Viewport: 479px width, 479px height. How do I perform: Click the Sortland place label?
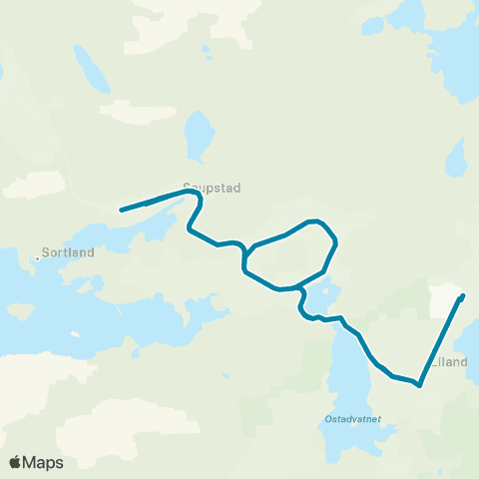tap(70, 252)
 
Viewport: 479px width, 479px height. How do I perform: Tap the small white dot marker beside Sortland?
tap(38, 258)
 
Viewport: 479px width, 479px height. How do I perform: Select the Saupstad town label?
tap(212, 187)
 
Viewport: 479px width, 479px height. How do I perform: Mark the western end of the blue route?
tap(121, 210)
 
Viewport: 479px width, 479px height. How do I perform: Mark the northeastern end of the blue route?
tap(462, 296)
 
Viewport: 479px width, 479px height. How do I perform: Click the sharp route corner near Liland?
tap(420, 385)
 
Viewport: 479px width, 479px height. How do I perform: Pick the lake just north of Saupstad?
tap(200, 134)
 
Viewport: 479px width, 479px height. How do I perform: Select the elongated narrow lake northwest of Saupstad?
tap(89, 69)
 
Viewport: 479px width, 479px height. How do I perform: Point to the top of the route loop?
tap(315, 221)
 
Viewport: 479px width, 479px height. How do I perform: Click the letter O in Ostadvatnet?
tap(329, 419)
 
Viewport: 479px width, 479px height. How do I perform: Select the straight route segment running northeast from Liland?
tap(441, 340)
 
